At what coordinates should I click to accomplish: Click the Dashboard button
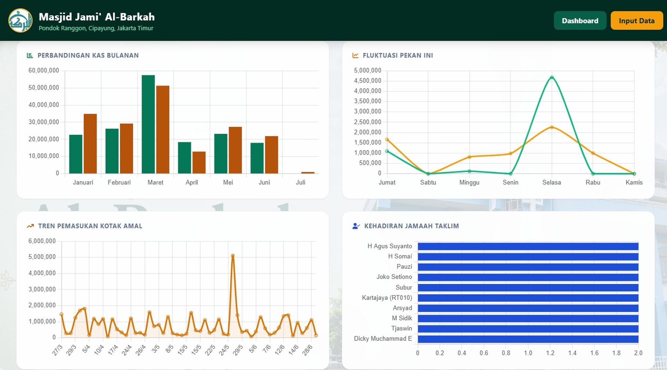click(580, 20)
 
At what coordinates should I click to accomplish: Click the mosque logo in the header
click(20, 20)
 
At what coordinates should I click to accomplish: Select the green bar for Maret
click(148, 124)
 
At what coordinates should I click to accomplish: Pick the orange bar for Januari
click(90, 143)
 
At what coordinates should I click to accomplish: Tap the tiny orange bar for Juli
click(308, 173)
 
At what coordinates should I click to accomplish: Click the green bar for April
click(184, 158)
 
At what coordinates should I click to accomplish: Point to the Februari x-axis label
click(119, 182)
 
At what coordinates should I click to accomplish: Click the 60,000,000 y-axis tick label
click(44, 71)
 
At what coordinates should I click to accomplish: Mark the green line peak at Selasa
click(552, 77)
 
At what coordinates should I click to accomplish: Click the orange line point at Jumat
click(387, 140)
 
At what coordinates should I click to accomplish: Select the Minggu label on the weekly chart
click(469, 182)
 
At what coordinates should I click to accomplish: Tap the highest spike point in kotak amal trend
click(233, 256)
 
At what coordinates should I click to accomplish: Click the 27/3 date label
click(57, 350)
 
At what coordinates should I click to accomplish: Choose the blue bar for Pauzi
click(528, 267)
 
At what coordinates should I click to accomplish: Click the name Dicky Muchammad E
click(383, 338)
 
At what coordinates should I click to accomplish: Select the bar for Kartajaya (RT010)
click(528, 298)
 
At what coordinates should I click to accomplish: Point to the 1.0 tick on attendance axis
click(528, 353)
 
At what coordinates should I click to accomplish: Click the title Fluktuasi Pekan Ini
click(398, 55)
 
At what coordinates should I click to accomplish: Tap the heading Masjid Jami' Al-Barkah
click(97, 17)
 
